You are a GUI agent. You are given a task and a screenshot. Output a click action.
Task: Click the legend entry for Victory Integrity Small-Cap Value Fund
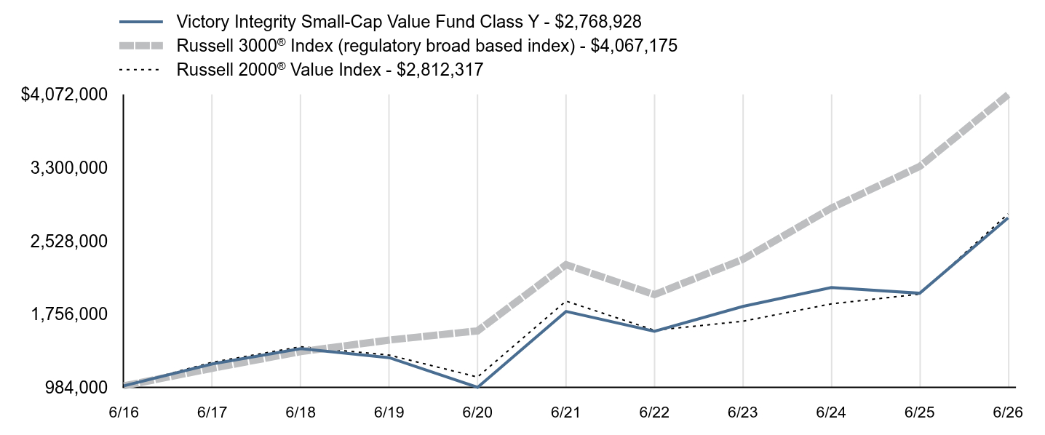tap(409, 21)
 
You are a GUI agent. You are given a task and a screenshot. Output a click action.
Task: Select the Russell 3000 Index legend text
tap(427, 46)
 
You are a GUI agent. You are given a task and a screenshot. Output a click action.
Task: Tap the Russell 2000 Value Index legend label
tap(330, 70)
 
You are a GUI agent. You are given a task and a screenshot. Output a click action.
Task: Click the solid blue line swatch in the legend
tap(141, 22)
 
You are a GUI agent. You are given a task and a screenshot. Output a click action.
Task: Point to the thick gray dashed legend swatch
tap(141, 46)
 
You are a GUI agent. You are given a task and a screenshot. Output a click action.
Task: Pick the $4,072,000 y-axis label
tap(64, 95)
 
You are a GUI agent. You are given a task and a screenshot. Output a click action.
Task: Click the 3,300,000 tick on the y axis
tap(69, 168)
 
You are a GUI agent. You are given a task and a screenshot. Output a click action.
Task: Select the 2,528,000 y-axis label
tap(69, 241)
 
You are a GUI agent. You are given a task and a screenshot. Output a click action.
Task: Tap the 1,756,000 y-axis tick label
tap(69, 314)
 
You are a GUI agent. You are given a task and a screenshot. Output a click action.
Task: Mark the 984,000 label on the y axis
tap(76, 388)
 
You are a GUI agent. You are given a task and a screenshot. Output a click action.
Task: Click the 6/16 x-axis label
tap(124, 412)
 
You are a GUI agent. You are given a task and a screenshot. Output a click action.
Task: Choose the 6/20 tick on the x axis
tap(477, 412)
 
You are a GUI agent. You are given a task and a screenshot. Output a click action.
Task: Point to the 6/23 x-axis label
tap(743, 412)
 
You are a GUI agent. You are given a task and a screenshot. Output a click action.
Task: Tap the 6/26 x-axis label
tap(1008, 412)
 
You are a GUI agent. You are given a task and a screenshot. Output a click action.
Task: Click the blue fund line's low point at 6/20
tap(477, 387)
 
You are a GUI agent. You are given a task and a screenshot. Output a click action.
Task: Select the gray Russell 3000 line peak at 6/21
tap(566, 265)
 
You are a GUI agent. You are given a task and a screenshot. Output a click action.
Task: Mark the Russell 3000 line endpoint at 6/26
tap(1008, 96)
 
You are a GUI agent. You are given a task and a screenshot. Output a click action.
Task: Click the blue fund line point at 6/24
tap(831, 287)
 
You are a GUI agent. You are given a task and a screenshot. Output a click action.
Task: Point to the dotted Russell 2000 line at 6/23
tap(743, 321)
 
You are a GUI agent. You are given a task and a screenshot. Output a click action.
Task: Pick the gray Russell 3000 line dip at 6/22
tap(654, 294)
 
